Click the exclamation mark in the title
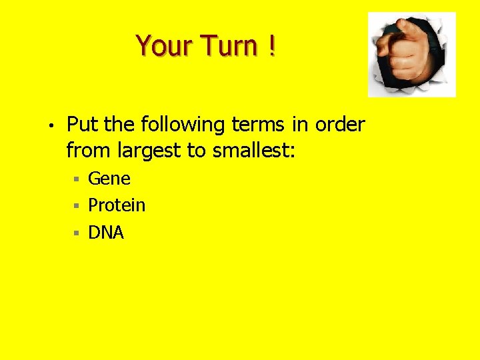click(x=272, y=46)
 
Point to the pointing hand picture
click(x=411, y=54)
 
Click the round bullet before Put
click(x=50, y=125)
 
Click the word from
click(x=89, y=151)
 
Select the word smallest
click(x=253, y=151)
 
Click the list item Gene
click(x=109, y=179)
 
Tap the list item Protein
click(x=117, y=205)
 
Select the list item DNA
click(x=106, y=233)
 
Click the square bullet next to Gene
click(x=77, y=179)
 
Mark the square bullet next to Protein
click(x=77, y=206)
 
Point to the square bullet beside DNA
click(x=77, y=233)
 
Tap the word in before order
click(x=299, y=125)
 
